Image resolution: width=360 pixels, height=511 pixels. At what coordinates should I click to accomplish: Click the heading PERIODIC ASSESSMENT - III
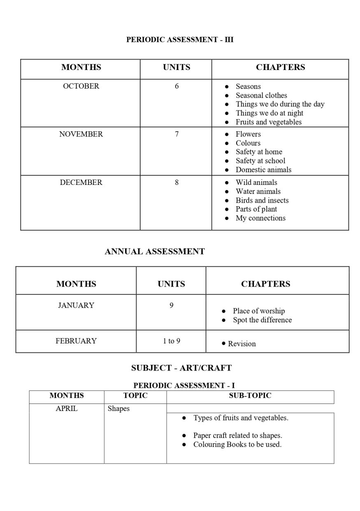pos(180,40)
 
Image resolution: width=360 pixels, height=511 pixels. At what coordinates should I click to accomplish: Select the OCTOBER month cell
pos(81,86)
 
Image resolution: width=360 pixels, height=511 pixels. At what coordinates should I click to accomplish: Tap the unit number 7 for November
pos(177,134)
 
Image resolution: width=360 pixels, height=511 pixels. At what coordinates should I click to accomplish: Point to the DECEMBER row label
pos(81,182)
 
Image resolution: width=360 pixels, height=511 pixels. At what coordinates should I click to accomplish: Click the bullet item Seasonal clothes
pos(261,95)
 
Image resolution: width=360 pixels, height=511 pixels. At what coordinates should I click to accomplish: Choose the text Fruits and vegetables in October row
pos(268,122)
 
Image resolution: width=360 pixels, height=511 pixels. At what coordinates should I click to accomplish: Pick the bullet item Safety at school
pos(260,161)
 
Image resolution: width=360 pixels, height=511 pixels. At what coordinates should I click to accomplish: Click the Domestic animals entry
pos(263,170)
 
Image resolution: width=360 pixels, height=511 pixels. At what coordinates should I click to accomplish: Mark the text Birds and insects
pos(262,201)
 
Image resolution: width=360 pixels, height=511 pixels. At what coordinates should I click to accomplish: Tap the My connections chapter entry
pos(260,218)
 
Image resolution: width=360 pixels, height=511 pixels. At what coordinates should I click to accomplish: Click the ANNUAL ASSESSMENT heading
pos(155,252)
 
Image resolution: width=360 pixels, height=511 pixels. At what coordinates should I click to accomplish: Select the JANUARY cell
pos(76,305)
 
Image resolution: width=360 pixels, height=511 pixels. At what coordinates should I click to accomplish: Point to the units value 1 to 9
pos(171,341)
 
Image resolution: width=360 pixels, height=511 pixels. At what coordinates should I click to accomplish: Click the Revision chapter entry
pos(242,344)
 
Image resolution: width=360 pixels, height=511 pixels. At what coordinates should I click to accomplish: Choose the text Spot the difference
pos(262,320)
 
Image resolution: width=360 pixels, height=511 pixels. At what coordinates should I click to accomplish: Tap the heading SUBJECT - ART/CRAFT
pos(181,368)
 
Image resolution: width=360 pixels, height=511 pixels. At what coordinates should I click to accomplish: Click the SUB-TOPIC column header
pos(250,396)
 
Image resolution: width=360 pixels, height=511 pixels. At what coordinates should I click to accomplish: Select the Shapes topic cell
pos(118,409)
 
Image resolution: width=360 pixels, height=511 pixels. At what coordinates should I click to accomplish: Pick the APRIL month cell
pos(67,409)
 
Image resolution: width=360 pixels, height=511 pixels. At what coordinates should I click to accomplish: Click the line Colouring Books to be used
pos(237,444)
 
